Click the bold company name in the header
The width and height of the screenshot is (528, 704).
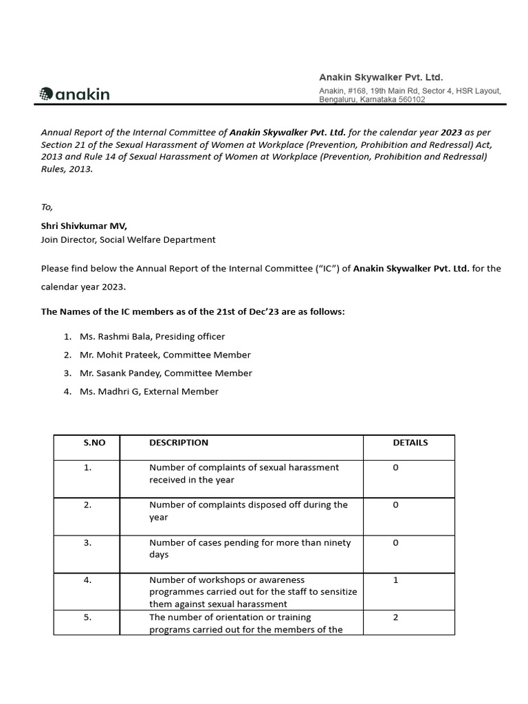(x=381, y=77)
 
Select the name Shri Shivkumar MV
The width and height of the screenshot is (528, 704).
(x=84, y=225)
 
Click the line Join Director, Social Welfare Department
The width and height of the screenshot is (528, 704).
(x=128, y=239)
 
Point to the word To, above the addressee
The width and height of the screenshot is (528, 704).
(x=47, y=207)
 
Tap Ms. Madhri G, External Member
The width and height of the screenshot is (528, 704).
(x=149, y=391)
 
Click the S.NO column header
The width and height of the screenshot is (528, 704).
(x=94, y=443)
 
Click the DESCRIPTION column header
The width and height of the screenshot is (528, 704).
(x=179, y=443)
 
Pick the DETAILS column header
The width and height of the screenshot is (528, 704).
(x=410, y=443)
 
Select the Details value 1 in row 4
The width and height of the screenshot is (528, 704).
(x=395, y=580)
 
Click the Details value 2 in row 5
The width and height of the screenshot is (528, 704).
(x=395, y=617)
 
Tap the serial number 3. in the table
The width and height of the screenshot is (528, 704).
(x=87, y=542)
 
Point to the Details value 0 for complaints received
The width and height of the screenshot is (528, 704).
(x=395, y=467)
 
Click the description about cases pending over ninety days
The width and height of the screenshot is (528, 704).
(x=250, y=549)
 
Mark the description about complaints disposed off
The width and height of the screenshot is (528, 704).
(x=248, y=511)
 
